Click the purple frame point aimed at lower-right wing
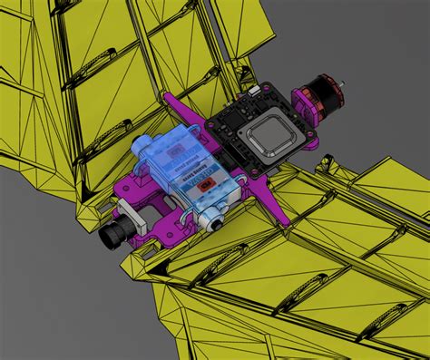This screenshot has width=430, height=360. pos(280,218)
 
